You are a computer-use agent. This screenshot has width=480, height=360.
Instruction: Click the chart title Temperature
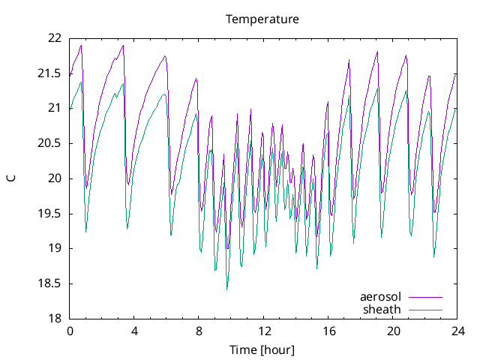coord(262,19)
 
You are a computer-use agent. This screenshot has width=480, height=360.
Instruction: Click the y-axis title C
coord(11,178)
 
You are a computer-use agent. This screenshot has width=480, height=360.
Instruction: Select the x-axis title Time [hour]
coord(262,350)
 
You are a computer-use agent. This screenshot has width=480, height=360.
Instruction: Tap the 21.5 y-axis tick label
coord(50,73)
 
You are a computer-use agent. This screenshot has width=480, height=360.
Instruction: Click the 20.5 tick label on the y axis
coord(50,143)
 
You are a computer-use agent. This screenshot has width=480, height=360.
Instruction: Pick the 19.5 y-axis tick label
coord(50,214)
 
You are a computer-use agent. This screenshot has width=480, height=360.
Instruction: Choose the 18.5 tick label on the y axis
coord(50,283)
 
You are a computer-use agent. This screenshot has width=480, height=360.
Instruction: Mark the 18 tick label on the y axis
coord(55,319)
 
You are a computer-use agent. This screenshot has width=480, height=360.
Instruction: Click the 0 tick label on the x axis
coord(70,331)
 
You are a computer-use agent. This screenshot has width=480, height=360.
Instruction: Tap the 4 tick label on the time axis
coord(134,331)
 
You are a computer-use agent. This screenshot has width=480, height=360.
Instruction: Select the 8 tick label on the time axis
coord(199,331)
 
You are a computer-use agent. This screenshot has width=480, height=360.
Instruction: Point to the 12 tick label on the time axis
coord(264,331)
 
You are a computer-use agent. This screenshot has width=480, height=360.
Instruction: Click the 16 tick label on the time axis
coord(328,331)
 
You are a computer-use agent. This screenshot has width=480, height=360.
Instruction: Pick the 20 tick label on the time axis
coord(393,331)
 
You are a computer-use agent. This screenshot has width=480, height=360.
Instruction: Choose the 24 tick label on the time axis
coord(457,331)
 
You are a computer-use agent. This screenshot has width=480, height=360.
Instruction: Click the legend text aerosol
coord(381,297)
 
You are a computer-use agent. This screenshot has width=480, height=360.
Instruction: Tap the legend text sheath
coord(382,309)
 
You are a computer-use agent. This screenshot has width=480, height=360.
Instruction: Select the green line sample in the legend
coord(425,310)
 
